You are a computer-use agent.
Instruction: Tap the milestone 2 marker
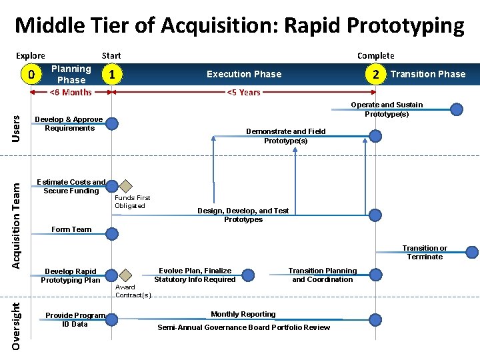377,74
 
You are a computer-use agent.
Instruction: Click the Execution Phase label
244,74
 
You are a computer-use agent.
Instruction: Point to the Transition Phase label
428,74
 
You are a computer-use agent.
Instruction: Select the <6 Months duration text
71,92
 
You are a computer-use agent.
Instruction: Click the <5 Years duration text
244,92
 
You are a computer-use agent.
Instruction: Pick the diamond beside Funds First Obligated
126,186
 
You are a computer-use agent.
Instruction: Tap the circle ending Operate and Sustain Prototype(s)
457,110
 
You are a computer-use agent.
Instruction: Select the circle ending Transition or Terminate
471,252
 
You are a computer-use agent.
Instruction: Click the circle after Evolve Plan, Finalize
248,274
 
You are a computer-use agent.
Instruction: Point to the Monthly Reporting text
243,314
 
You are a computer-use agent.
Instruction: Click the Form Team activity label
71,229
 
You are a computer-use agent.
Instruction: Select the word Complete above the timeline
375,55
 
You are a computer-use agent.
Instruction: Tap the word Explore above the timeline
31,55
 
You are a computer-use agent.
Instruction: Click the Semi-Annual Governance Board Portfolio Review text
243,327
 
